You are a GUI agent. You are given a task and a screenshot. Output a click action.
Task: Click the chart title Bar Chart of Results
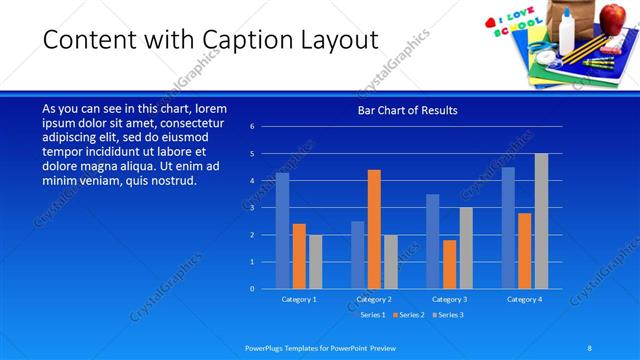pos(408,110)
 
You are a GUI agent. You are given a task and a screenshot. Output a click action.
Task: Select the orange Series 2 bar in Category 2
pos(374,229)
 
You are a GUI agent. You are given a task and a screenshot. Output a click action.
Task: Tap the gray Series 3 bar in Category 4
pos(541,221)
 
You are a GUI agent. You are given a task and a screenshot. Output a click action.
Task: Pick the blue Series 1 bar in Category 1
pos(282,231)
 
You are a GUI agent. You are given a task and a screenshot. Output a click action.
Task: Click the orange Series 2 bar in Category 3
pos(449,264)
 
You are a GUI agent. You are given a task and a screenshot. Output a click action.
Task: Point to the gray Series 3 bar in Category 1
pos(315,261)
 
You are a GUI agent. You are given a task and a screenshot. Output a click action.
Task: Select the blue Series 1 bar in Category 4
pos(508,228)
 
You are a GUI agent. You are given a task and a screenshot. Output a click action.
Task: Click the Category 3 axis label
pos(449,299)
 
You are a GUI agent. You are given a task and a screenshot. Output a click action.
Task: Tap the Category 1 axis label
pos(299,299)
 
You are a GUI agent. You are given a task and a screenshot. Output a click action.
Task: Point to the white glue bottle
pos(567,32)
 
